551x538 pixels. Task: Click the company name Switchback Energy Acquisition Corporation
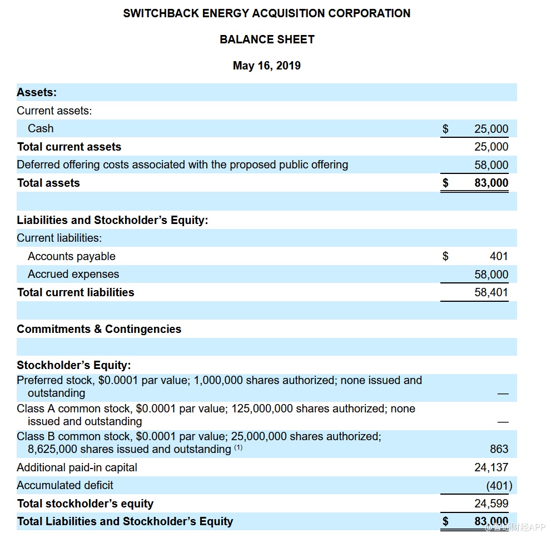267,13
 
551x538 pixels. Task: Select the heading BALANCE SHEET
267,39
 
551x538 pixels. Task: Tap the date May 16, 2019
267,66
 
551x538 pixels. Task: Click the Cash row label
41,128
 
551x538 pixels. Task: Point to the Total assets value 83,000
491,183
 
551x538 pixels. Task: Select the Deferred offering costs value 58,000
491,165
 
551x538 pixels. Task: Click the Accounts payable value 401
499,256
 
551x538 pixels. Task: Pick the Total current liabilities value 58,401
491,292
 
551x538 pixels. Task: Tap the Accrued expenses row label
73,274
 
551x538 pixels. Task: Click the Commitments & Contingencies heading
99,329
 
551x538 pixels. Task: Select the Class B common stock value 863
499,449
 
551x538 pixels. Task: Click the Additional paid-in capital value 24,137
491,467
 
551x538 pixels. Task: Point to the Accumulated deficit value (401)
499,486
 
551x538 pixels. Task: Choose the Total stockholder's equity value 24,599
491,504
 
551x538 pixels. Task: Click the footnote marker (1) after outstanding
238,447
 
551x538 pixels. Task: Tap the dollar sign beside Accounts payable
445,256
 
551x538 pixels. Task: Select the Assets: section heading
37,92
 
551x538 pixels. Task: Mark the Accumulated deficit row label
65,485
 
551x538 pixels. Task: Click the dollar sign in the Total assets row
445,183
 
